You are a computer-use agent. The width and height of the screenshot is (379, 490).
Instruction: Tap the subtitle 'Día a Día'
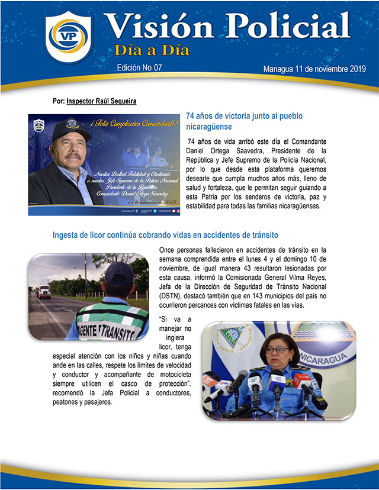tap(152, 50)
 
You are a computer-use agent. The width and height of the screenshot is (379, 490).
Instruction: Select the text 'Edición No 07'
tap(140, 68)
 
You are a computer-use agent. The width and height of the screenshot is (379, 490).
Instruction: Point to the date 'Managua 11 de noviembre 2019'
tap(314, 69)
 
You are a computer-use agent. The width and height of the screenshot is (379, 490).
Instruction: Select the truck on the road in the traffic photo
tap(44, 292)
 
